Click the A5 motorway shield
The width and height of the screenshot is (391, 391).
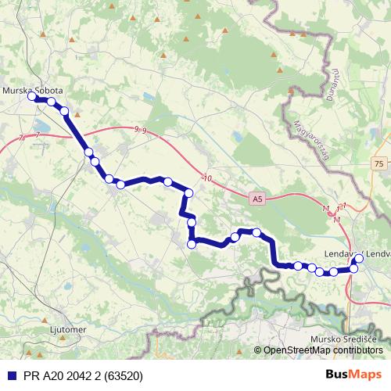click(257, 199)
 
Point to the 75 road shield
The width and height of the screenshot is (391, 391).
click(378, 163)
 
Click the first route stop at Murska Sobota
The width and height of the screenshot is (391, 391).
click(32, 97)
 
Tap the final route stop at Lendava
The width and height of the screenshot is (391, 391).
click(359, 258)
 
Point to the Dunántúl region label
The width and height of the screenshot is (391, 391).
click(329, 83)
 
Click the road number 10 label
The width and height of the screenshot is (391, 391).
click(206, 179)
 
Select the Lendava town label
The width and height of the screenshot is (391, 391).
click(344, 254)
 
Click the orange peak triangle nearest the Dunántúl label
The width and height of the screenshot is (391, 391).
click(291, 91)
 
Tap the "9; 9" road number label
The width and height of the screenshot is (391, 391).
click(141, 130)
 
